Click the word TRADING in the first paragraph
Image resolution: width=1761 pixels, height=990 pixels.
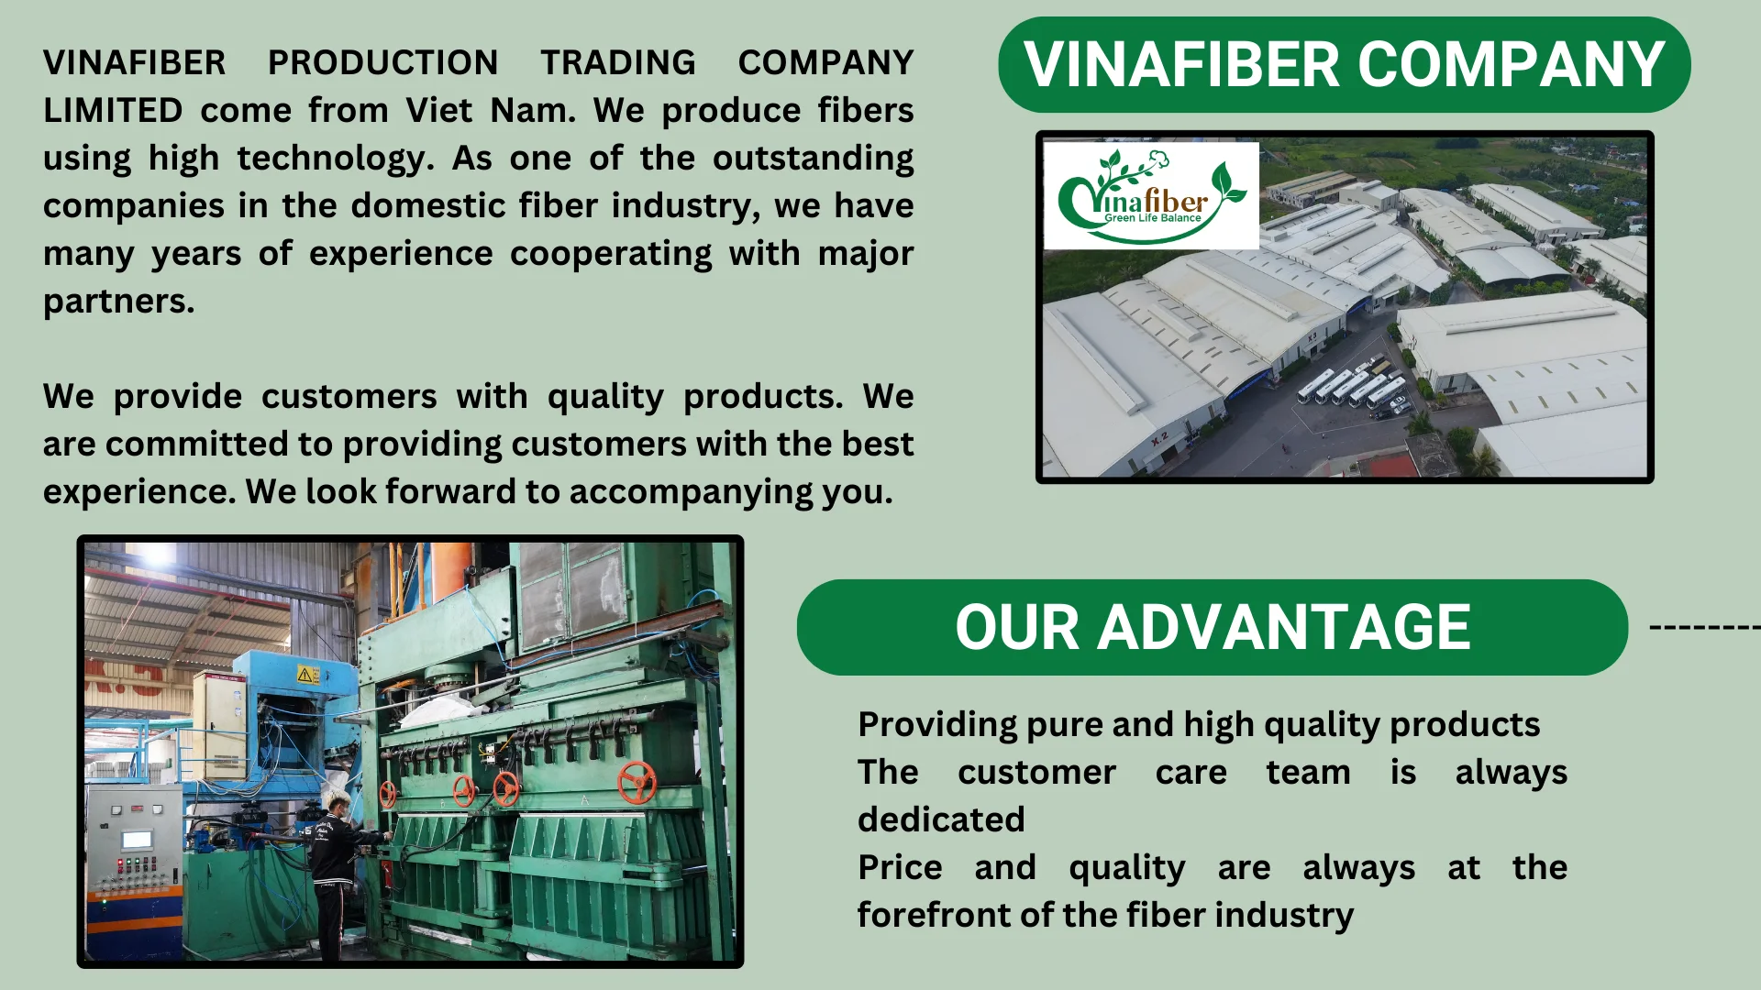coord(617,62)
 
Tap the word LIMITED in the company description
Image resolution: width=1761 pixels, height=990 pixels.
coord(113,110)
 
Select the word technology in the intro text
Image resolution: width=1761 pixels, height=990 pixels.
coord(335,159)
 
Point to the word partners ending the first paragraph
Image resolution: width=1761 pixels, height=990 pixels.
coord(118,302)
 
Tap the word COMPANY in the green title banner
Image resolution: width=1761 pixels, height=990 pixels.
coord(1511,64)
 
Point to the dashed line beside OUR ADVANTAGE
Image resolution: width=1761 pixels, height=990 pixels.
coord(1704,628)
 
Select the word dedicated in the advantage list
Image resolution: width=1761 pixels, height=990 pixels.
coord(941,819)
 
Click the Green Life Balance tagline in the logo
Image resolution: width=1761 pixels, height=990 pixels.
coord(1152,218)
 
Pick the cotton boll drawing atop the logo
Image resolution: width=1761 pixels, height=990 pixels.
coord(1161,159)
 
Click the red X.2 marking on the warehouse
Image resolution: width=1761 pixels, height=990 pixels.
coord(1160,439)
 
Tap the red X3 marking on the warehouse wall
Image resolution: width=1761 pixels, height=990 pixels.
coord(1312,337)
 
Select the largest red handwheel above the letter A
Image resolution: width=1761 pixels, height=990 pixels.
coord(636,781)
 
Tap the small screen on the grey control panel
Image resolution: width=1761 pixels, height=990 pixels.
coord(137,840)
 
